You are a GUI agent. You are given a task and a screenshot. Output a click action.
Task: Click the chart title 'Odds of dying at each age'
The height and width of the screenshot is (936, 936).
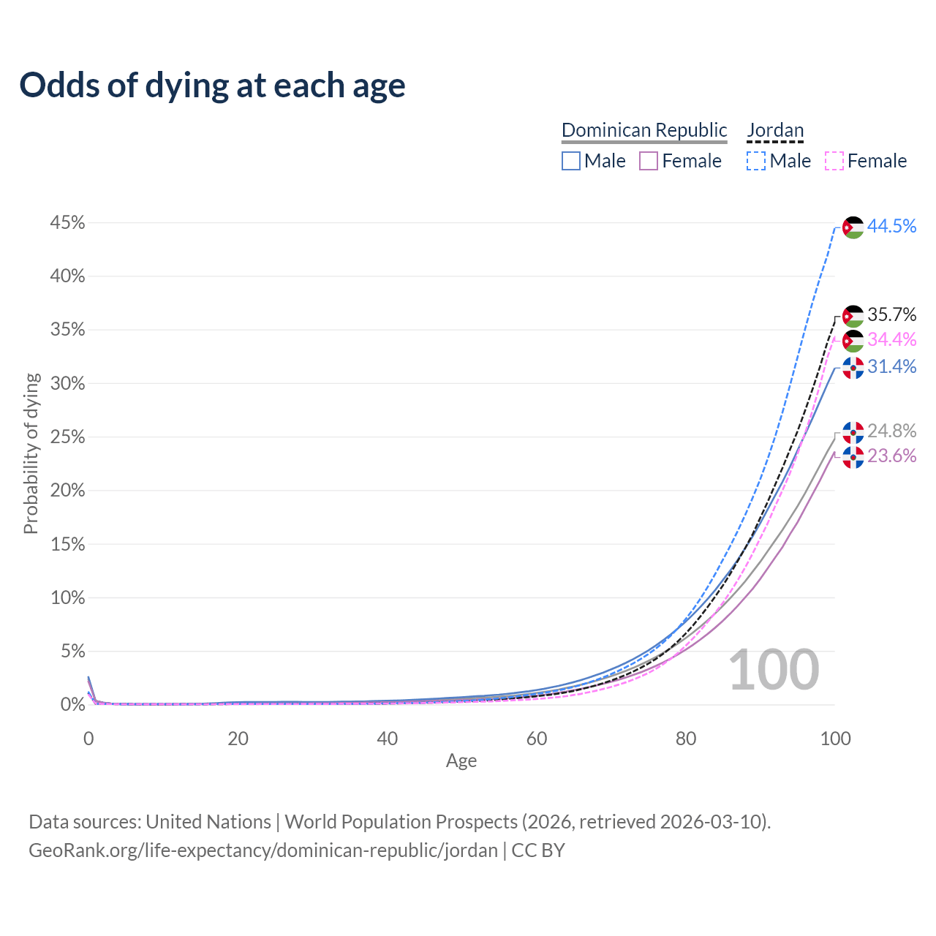[x=212, y=86]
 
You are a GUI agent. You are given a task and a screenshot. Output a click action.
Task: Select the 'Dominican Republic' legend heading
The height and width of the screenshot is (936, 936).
[x=644, y=130]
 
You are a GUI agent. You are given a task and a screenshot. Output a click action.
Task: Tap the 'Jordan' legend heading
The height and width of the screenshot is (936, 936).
[x=775, y=130]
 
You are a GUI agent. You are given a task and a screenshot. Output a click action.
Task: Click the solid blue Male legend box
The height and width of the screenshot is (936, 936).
[x=571, y=161]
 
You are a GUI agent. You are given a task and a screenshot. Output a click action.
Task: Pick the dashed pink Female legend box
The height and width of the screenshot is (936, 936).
[x=834, y=161]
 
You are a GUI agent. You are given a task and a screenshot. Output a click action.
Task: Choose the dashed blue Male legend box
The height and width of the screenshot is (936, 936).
[x=756, y=161]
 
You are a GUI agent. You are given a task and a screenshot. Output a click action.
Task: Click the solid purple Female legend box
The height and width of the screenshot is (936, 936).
[x=649, y=161]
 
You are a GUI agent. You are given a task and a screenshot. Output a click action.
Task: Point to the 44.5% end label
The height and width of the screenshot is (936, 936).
[x=891, y=227]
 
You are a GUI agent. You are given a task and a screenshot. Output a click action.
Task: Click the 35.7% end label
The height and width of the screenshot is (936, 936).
[x=891, y=315]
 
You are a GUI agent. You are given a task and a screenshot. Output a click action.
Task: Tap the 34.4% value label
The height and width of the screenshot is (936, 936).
[x=891, y=339]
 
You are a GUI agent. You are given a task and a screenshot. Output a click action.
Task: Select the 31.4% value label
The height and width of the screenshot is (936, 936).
[x=891, y=367]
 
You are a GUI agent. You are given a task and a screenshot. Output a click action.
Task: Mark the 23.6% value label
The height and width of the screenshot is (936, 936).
[x=891, y=456]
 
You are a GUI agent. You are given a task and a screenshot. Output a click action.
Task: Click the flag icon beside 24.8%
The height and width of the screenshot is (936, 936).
[x=853, y=432]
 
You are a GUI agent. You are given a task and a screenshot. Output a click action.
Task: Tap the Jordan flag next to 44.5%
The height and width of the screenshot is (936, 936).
[x=853, y=227]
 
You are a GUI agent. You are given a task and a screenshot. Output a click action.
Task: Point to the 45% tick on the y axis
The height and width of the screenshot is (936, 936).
[x=67, y=223]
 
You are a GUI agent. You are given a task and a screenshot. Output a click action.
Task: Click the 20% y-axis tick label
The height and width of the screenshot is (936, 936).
[x=67, y=491]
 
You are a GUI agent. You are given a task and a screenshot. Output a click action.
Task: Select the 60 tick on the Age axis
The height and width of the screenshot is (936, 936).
[x=537, y=739]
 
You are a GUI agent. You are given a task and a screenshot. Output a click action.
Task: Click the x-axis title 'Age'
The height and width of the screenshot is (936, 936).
[x=461, y=761]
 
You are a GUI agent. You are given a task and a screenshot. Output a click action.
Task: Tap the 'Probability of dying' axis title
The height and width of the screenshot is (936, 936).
[x=31, y=453]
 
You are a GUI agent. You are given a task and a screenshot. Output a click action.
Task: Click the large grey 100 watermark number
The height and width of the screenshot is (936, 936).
[x=774, y=670]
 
